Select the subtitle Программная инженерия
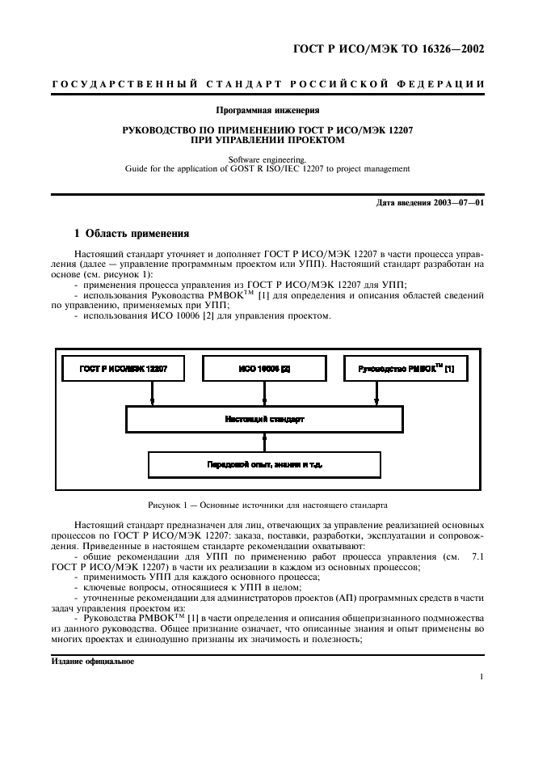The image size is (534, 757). (x=266, y=109)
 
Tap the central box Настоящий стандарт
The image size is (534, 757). (x=264, y=420)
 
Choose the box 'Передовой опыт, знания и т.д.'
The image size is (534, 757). (x=264, y=464)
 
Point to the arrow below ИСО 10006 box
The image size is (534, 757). (x=264, y=394)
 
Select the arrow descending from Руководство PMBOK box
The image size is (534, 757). (x=376, y=394)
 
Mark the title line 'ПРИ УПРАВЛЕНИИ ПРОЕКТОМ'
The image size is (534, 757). (x=266, y=140)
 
